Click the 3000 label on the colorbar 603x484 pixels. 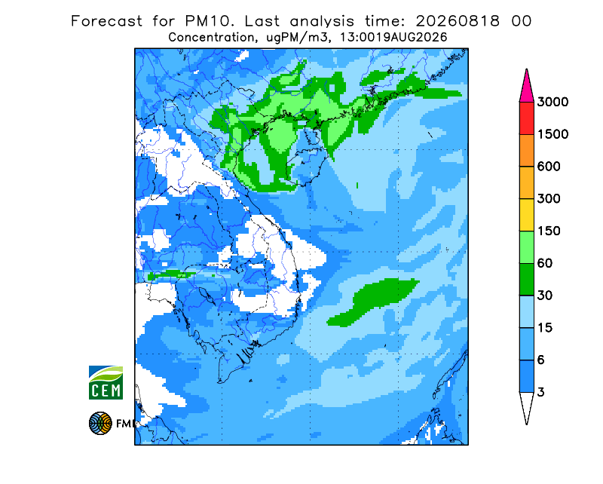[552, 102]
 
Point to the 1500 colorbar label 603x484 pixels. [552, 134]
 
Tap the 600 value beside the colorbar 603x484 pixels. [549, 167]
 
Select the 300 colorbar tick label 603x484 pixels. [549, 199]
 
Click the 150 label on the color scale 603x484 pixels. [549, 231]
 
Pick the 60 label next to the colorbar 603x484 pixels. [545, 264]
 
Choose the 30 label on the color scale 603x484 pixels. [545, 296]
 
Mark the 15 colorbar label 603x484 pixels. [545, 328]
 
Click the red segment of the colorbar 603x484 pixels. [526, 118]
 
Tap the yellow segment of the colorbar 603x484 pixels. [526, 215]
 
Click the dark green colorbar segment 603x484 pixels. [526, 280]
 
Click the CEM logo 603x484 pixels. [106, 382]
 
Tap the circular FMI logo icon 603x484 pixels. [100, 423]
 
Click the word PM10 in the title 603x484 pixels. [210, 21]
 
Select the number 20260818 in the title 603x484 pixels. [458, 21]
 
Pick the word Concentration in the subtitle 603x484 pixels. [211, 38]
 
